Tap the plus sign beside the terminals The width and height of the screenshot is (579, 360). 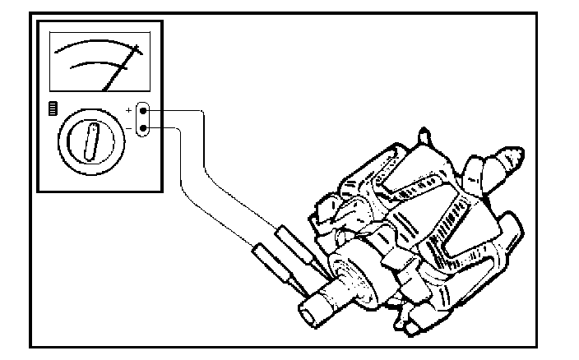tap(128, 108)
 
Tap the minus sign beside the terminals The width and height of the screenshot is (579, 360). tap(128, 127)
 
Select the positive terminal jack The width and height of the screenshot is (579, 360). tap(144, 109)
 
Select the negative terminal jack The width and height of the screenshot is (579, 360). tap(144, 127)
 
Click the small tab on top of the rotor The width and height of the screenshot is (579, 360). tap(423, 135)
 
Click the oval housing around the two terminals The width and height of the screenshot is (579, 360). tap(144, 118)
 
